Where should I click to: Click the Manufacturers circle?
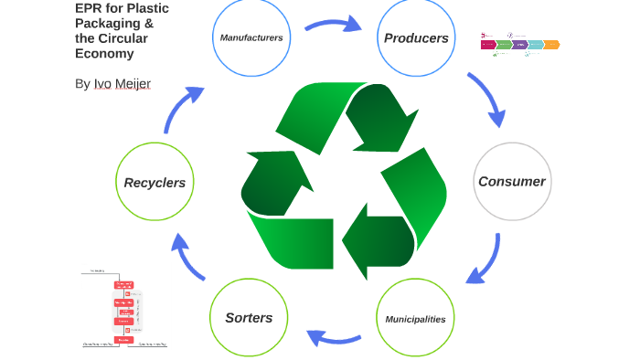pos(251,37)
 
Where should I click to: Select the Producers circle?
pos(416,37)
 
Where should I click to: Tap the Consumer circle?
pos(511,181)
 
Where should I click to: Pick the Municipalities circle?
pos(415,319)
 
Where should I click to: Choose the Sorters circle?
pos(249,317)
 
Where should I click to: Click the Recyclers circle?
pos(155,182)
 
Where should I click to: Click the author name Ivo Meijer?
pos(123,84)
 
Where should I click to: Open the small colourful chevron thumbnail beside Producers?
pos(519,44)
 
